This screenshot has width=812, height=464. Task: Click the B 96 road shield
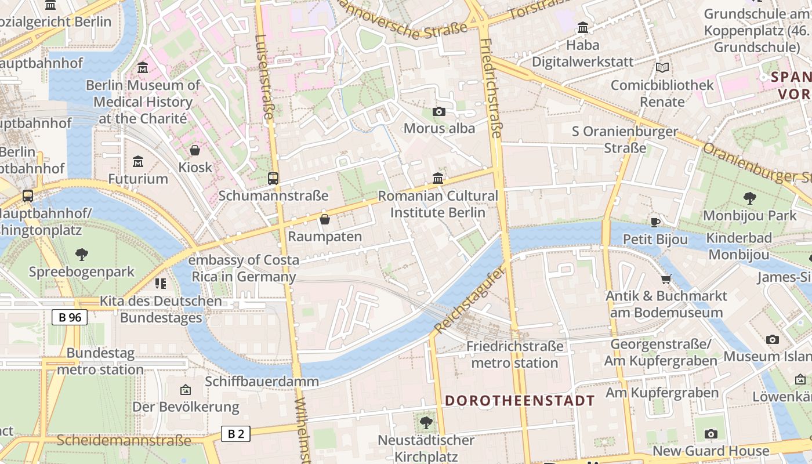(70, 317)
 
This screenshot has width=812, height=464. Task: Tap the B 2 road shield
(235, 434)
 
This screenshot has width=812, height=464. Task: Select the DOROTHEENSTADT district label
(520, 401)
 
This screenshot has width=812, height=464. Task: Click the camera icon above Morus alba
(439, 111)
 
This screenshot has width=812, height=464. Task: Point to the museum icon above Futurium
(138, 161)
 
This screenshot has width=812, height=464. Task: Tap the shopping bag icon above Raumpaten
(325, 219)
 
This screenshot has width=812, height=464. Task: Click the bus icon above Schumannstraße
(273, 179)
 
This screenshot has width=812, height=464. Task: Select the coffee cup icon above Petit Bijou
(655, 222)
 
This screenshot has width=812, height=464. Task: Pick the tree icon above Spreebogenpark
(82, 254)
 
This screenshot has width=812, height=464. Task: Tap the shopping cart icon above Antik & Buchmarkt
(666, 279)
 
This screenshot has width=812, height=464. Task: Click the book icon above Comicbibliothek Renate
(662, 68)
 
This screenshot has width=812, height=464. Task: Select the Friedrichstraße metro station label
(514, 354)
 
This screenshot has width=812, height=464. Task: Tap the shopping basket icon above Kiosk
(195, 150)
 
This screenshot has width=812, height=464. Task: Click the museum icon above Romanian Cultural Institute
(438, 179)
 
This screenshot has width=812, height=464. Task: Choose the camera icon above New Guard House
(710, 434)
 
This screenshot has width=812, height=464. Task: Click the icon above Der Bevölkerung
(186, 390)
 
